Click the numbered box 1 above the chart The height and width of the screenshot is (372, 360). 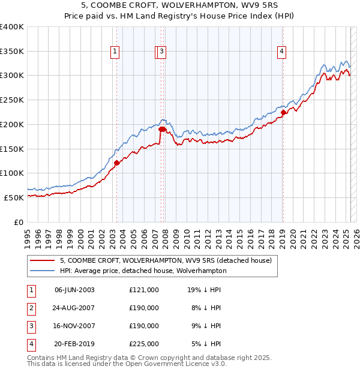pos(115,52)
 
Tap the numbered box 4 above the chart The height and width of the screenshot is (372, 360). pos(281,52)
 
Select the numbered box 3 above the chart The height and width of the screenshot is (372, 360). pos(163,52)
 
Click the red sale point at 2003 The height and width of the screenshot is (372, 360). pos(116,162)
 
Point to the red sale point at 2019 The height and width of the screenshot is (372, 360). pos(283,112)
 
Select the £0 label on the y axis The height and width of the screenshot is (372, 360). pos(19,221)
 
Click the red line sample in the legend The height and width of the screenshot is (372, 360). pos(42,261)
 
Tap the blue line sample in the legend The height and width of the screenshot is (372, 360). pos(42,271)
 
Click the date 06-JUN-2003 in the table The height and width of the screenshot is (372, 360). pos(74,290)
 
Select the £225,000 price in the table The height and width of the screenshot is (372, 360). pos(144,344)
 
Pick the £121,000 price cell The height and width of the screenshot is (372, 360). pos(144,290)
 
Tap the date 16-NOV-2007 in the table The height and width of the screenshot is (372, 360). pos(74,326)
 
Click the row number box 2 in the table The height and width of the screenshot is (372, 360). pos(30,308)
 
